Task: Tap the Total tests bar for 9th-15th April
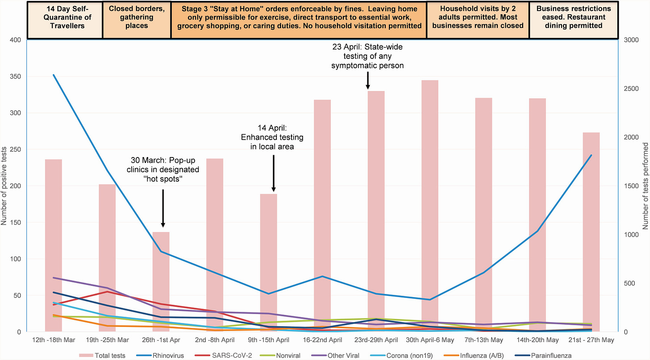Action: (269, 263)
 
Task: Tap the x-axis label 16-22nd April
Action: (322, 340)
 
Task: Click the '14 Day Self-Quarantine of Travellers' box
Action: (65, 20)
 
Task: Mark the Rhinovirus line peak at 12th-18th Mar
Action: (54, 75)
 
